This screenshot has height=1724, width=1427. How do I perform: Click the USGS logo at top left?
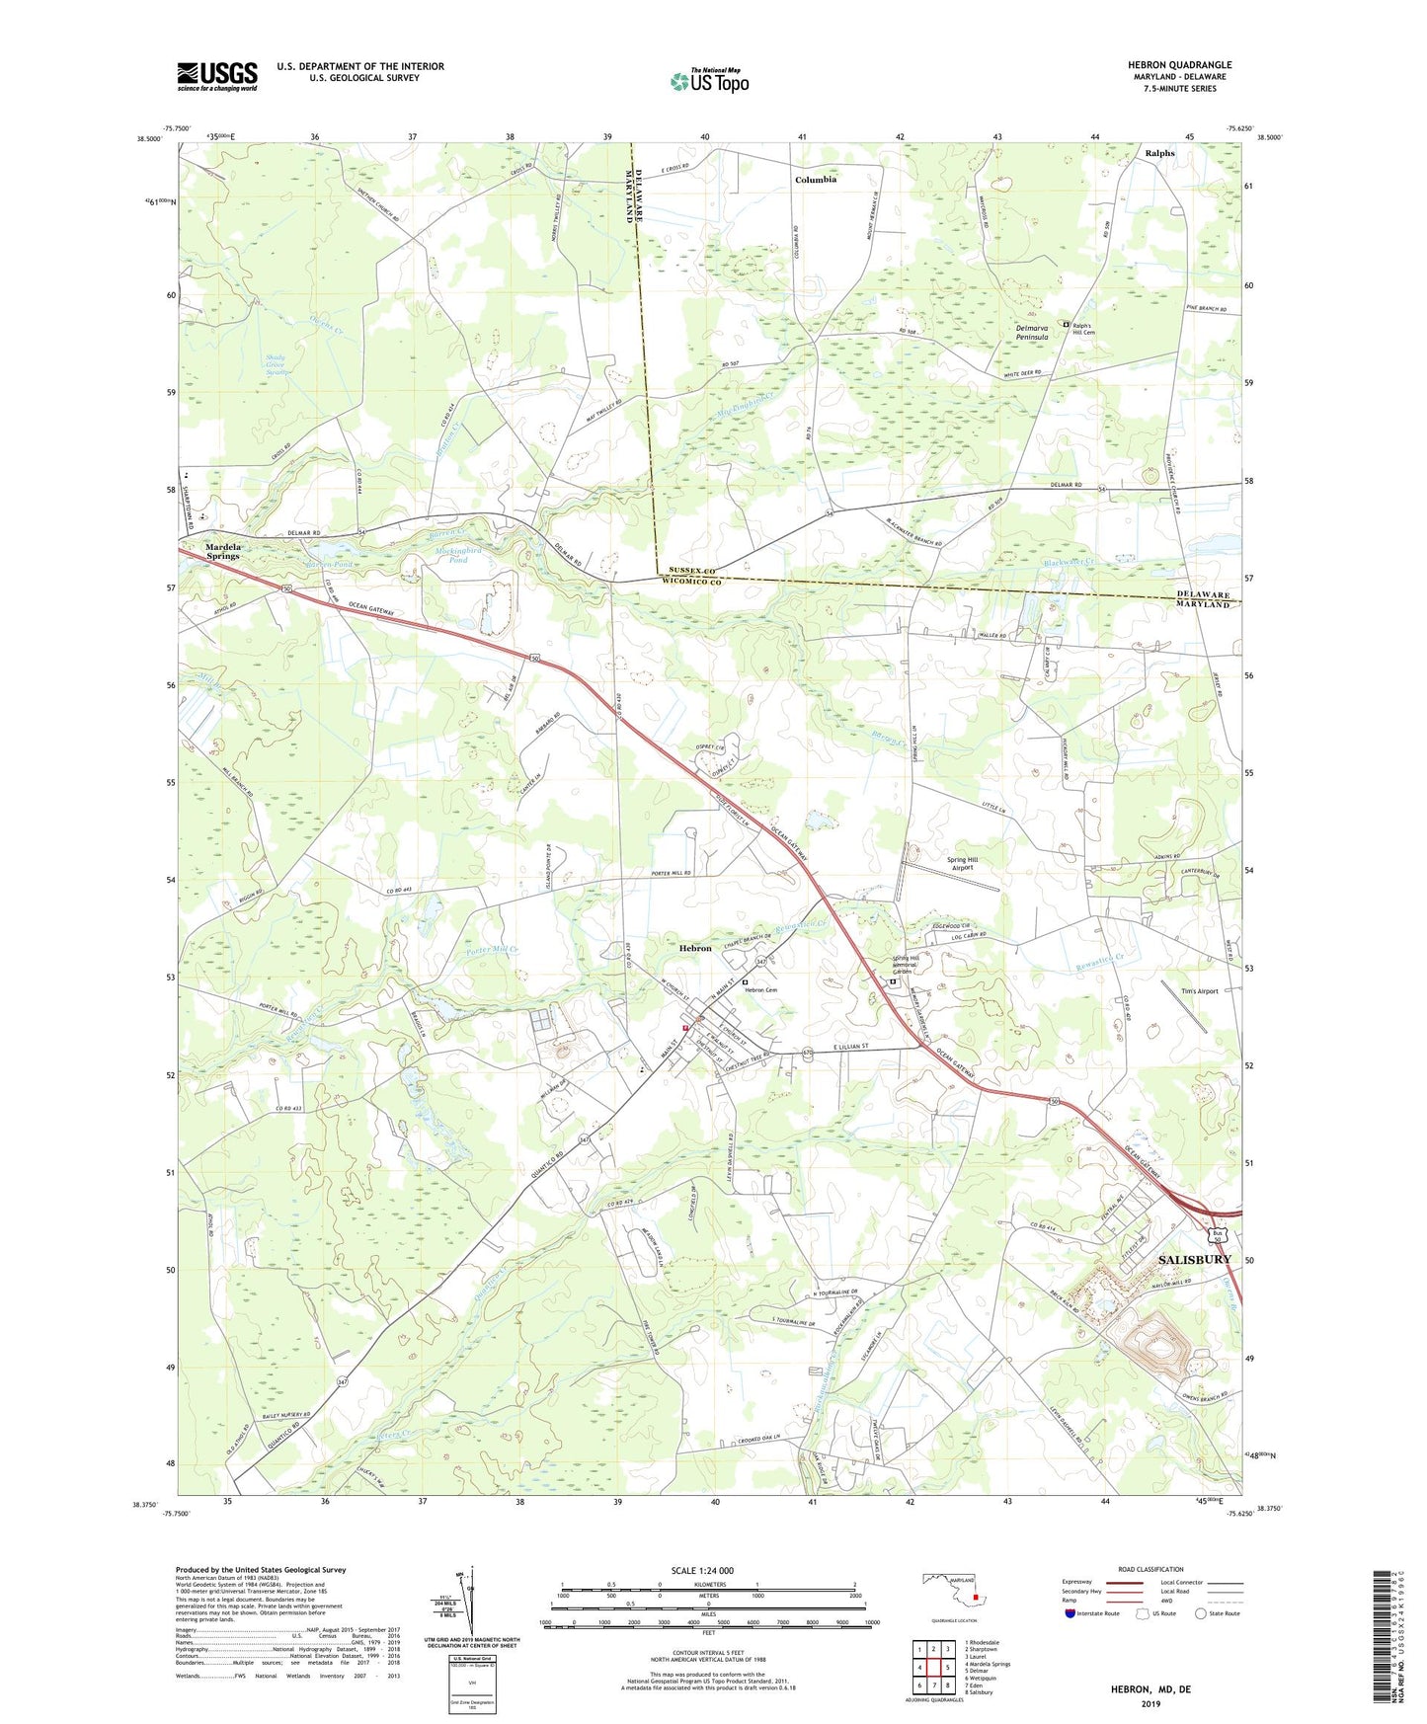pos(217,76)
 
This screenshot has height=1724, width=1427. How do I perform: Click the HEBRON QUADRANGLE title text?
pos(1179,65)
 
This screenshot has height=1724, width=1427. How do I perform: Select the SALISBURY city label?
pos(1194,1260)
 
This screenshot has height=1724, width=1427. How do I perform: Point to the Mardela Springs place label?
pos(223,551)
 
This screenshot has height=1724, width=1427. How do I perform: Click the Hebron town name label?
pos(695,948)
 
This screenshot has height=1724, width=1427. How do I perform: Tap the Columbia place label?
pos(816,180)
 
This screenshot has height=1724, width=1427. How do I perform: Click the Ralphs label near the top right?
pos(1159,153)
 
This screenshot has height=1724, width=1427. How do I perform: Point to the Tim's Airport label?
pos(1199,990)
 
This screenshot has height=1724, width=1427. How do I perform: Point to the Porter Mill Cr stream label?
pos(492,950)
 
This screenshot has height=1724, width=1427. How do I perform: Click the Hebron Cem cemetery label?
pos(762,990)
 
